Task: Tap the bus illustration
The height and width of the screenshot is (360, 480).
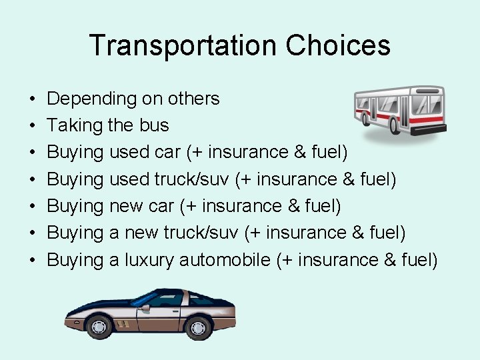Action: tap(399, 111)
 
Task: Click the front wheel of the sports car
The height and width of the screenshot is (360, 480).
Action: tap(99, 327)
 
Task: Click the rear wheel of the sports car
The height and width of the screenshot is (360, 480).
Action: tap(197, 327)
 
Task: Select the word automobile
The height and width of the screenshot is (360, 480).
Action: tap(224, 259)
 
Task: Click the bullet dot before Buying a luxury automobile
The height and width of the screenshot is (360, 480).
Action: tap(33, 260)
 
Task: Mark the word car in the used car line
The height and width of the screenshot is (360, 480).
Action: tap(167, 153)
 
